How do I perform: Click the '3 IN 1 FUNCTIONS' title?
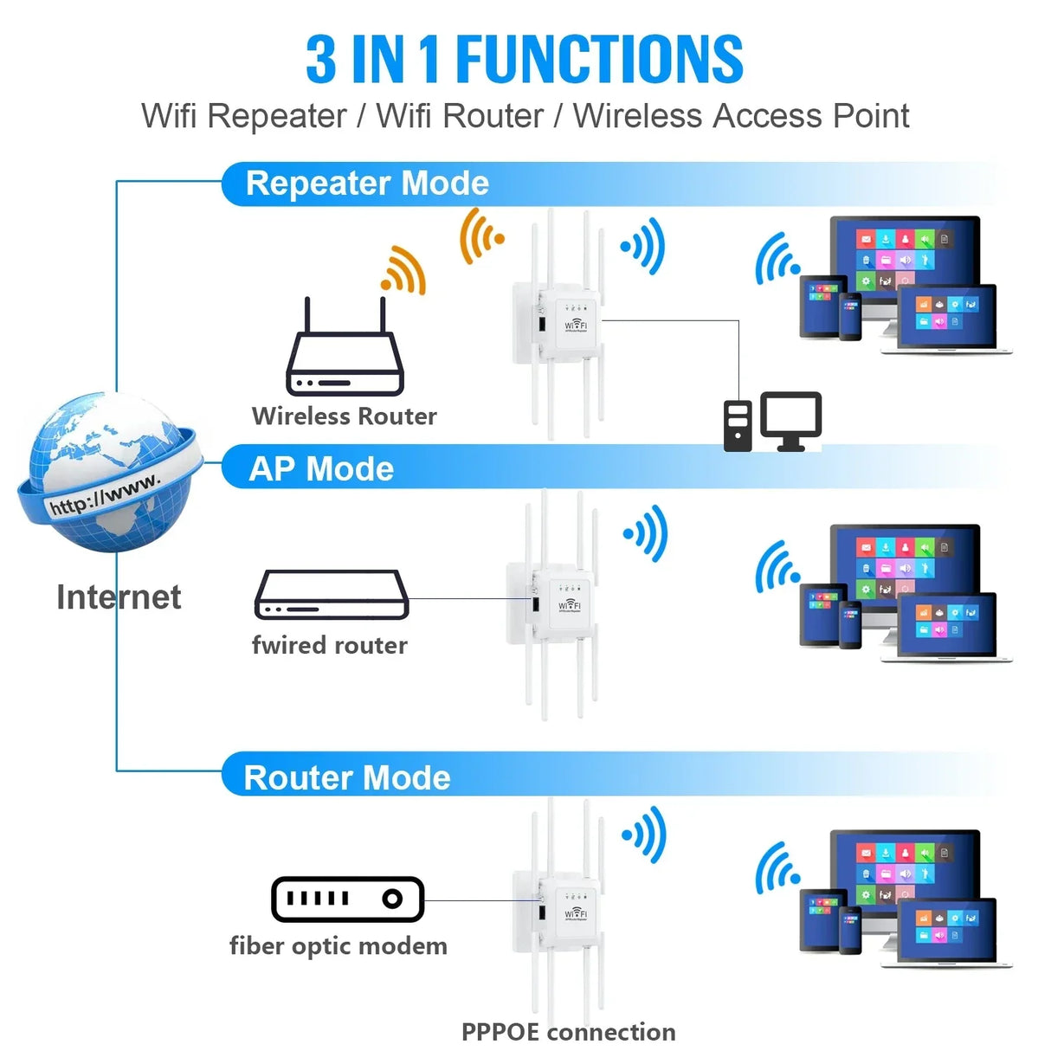[x=524, y=59]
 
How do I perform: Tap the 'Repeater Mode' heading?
[x=367, y=184]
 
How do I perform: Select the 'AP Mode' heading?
[x=321, y=468]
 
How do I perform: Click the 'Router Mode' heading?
[x=347, y=777]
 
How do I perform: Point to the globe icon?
[x=110, y=473]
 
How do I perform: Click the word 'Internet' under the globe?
[x=119, y=596]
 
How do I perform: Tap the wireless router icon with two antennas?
[x=345, y=351]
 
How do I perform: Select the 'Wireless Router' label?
[x=344, y=416]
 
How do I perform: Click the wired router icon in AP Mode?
[x=331, y=595]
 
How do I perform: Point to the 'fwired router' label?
[x=329, y=645]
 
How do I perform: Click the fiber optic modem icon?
[x=347, y=899]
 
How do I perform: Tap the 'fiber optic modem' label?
[x=338, y=945]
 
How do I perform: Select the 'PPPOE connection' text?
[x=568, y=1032]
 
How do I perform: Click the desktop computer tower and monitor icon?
[x=772, y=422]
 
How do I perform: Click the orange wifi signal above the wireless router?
[x=403, y=270]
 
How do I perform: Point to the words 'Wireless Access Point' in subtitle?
[x=740, y=116]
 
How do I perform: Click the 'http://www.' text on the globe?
[x=104, y=494]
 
